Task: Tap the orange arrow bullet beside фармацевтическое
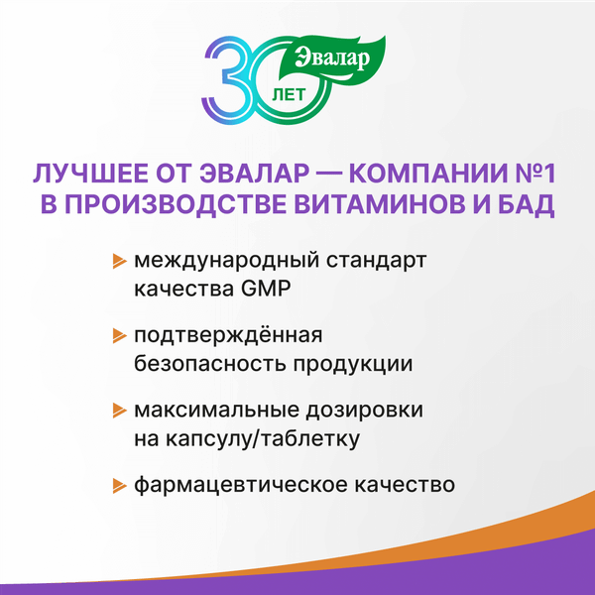click(x=119, y=486)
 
